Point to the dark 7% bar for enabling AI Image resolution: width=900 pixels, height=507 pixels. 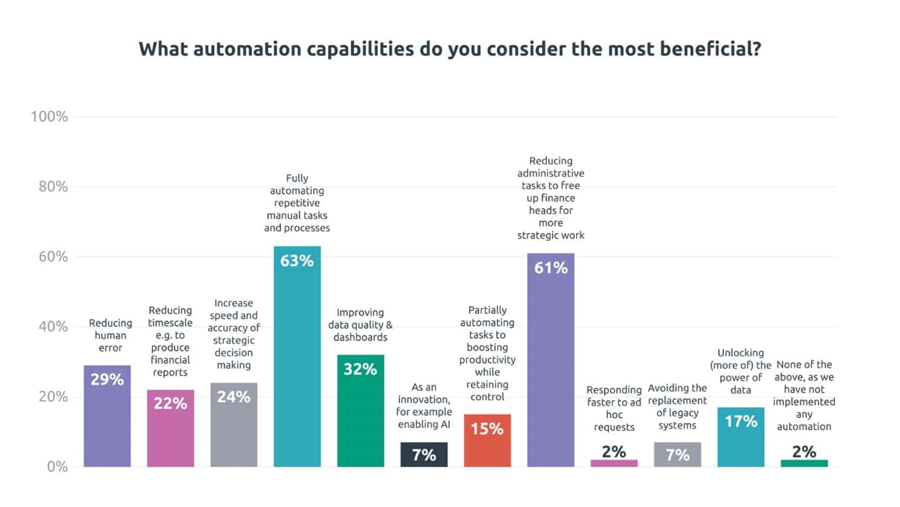click(x=424, y=455)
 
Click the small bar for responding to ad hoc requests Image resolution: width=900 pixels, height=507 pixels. click(x=614, y=463)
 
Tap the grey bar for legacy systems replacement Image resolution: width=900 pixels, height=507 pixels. click(x=678, y=455)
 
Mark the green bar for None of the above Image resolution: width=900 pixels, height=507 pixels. click(x=804, y=463)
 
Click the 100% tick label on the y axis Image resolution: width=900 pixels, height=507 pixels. click(x=50, y=117)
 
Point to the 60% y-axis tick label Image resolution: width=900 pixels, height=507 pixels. click(x=53, y=257)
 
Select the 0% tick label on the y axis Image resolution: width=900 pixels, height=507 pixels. click(x=57, y=466)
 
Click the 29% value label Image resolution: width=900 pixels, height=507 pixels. click(x=107, y=379)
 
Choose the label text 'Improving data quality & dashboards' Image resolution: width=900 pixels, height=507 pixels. click(x=360, y=325)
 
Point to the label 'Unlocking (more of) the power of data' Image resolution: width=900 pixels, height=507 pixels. click(x=740, y=371)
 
